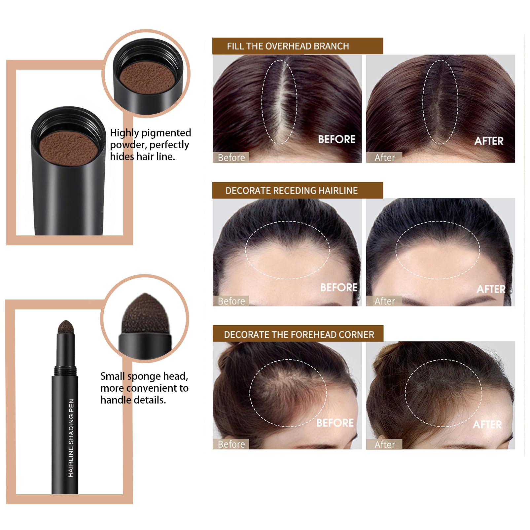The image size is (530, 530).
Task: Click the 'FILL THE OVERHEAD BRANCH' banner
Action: click(x=298, y=46)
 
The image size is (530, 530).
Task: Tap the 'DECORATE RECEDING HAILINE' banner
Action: click(x=298, y=190)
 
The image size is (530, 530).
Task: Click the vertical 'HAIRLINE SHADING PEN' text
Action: click(x=71, y=438)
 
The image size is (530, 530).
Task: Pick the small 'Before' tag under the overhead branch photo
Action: click(x=231, y=158)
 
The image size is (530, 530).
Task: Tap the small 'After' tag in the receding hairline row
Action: click(x=384, y=301)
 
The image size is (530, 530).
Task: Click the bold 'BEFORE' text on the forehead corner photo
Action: click(x=335, y=423)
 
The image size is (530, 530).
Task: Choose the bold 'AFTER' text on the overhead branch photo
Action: click(x=489, y=141)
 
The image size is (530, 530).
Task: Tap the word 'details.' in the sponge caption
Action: click(x=150, y=400)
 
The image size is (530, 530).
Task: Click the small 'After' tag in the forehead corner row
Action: click(x=384, y=444)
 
